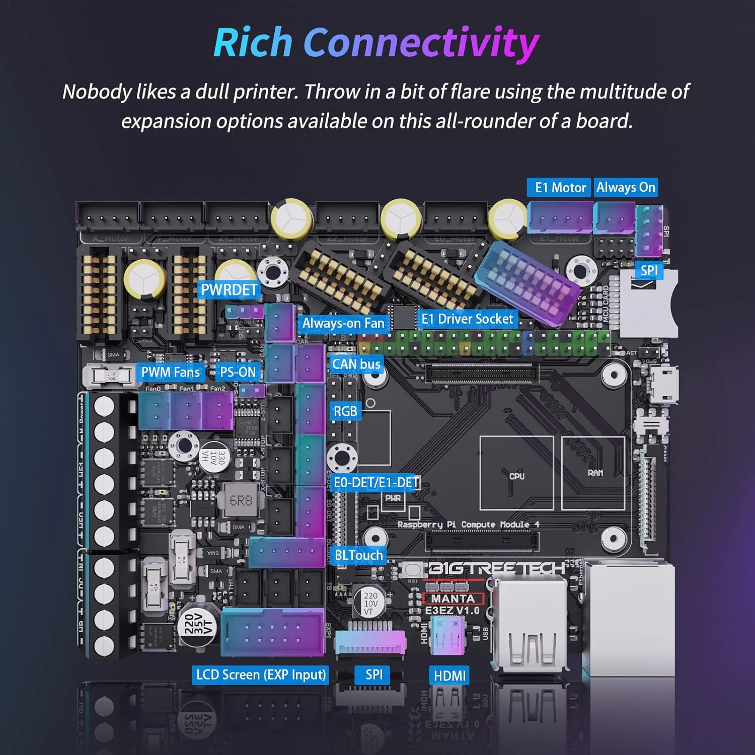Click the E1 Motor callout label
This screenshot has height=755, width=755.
560,188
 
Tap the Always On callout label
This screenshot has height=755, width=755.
626,188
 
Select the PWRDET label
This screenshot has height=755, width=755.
229,290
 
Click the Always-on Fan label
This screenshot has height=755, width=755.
343,323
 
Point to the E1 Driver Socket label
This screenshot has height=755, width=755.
467,319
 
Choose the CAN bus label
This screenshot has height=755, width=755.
356,364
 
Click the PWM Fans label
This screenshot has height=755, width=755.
170,372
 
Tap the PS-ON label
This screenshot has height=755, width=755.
238,372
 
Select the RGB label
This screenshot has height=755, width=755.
345,411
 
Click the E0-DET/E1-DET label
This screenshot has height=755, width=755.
376,483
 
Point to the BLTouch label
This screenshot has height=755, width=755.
358,555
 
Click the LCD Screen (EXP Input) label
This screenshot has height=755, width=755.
261,675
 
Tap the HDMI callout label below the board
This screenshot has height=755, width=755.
449,675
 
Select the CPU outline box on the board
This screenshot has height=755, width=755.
516,473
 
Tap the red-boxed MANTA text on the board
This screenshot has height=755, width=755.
453,598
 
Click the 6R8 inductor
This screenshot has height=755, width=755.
241,500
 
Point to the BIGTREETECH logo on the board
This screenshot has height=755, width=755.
496,568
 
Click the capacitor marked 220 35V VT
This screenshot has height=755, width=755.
197,625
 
